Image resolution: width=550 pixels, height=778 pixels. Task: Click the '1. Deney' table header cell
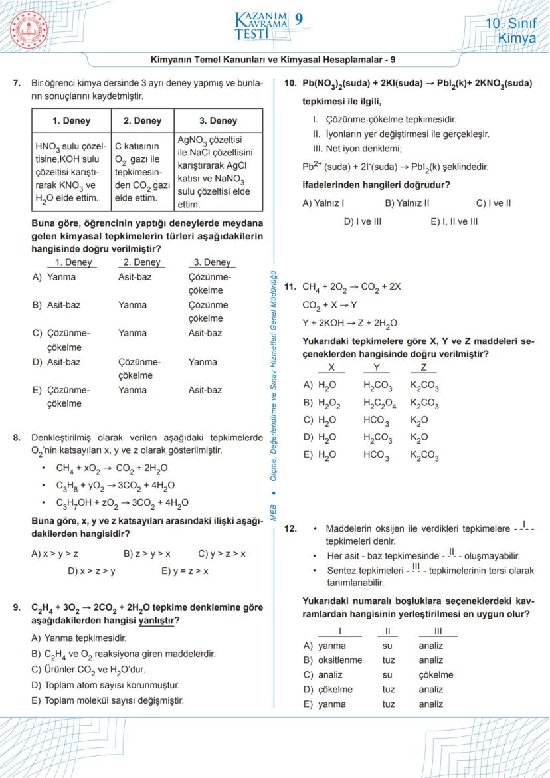point(71,121)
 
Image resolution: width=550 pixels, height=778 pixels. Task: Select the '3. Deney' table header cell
point(218,121)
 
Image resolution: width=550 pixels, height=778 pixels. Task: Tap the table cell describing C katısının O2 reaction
point(143,171)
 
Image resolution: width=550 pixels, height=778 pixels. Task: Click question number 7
point(17,84)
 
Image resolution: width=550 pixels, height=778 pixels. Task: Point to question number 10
point(290,84)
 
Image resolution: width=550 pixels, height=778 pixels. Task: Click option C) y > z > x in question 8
point(222,553)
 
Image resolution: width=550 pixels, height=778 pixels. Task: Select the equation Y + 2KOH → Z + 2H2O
point(349,324)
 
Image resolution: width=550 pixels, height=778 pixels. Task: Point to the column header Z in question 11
point(424,368)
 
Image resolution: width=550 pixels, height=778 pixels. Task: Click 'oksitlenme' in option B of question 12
point(340,660)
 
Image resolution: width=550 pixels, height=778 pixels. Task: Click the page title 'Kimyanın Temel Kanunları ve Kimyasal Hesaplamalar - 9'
point(274,59)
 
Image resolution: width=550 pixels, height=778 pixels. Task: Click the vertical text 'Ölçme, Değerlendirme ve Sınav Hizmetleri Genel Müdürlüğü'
point(274,372)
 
